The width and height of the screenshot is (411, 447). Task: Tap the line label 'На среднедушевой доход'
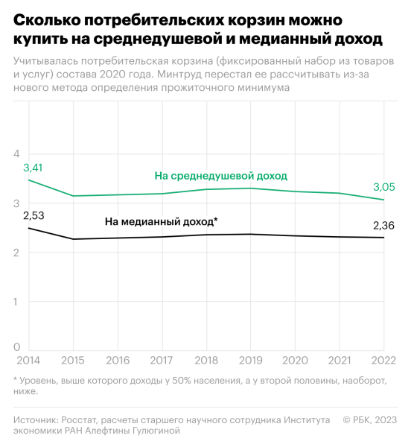pyautogui.click(x=221, y=175)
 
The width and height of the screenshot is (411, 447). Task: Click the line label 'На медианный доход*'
pyautogui.click(x=161, y=221)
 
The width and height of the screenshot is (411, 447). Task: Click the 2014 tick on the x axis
pyautogui.click(x=29, y=360)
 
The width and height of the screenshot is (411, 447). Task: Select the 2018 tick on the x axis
pyautogui.click(x=206, y=360)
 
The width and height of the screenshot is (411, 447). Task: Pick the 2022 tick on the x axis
pyautogui.click(x=383, y=360)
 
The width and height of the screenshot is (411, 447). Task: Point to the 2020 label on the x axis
pyautogui.click(x=295, y=360)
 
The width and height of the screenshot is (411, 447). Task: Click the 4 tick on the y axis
pyautogui.click(x=16, y=153)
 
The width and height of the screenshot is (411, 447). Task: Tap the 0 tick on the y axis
pyautogui.click(x=16, y=347)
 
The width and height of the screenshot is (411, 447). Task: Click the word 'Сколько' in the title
pyautogui.click(x=46, y=17)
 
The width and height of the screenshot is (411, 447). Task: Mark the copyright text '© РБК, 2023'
pyautogui.click(x=370, y=420)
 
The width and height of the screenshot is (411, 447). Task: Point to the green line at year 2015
pyautogui.click(x=73, y=196)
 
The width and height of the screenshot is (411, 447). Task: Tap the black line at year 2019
pyautogui.click(x=250, y=234)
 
